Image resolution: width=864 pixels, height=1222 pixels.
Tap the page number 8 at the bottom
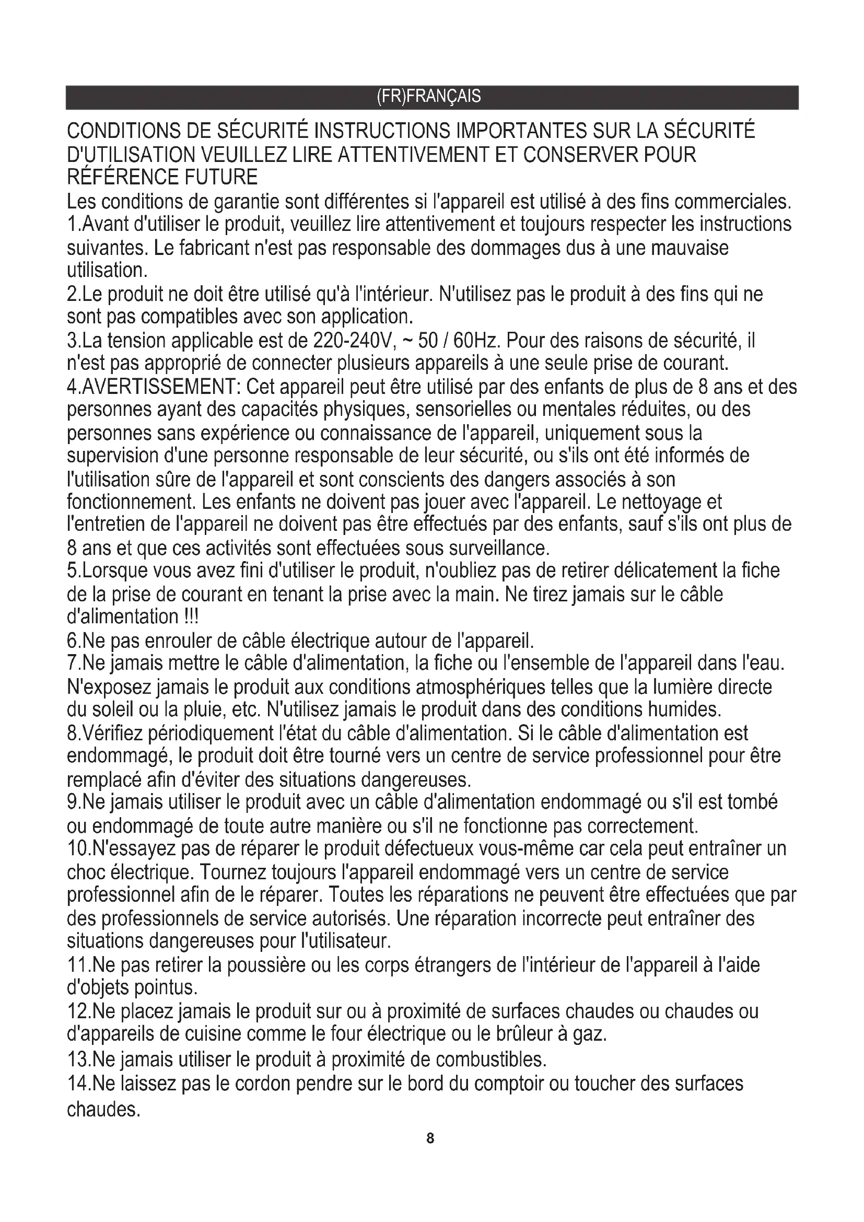(x=430, y=1138)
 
